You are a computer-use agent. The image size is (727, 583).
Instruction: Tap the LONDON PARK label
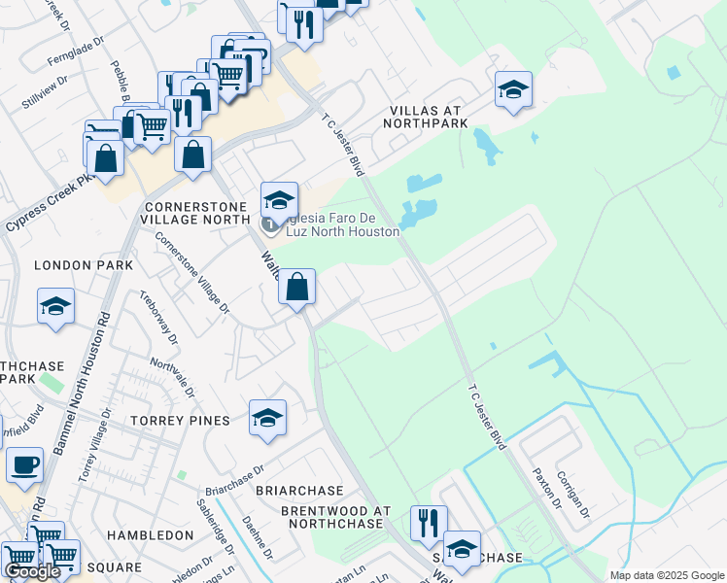point(83,265)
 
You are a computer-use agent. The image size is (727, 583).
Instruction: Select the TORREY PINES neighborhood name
point(181,421)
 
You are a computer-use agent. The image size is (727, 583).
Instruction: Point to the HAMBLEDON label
point(151,535)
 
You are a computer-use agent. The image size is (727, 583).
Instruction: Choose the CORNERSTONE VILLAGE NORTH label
point(198,214)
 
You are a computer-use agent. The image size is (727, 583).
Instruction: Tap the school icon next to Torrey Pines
point(267,418)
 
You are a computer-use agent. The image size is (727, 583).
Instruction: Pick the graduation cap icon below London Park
point(56,307)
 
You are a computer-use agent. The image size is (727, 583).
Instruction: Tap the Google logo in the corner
point(32,571)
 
